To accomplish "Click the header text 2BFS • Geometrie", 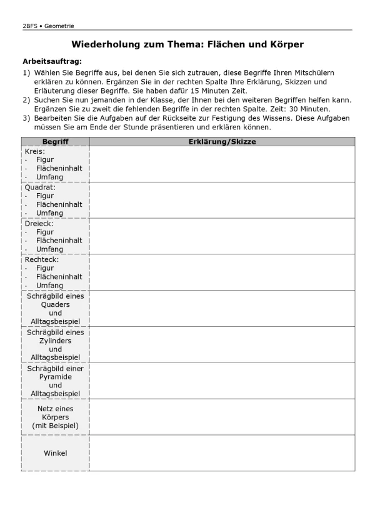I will click(x=48, y=26).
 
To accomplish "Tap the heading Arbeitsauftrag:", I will click(x=52, y=61).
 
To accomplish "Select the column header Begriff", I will click(x=55, y=142).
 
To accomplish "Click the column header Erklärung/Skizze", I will click(x=222, y=142).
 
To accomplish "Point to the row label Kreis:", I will click(x=34, y=151).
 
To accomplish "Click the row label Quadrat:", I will click(x=40, y=187).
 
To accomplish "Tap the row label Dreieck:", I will click(x=39, y=223).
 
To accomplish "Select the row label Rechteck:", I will click(x=42, y=259).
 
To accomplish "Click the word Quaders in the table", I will click(x=55, y=304).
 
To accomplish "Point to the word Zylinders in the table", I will click(x=55, y=341).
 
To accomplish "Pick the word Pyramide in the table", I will click(x=55, y=377).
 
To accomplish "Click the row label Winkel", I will click(x=55, y=453).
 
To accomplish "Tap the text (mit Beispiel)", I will click(x=55, y=426).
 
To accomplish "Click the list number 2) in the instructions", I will click(x=26, y=100).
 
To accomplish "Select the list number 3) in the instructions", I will click(x=26, y=117).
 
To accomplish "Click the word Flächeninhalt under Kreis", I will click(x=59, y=168).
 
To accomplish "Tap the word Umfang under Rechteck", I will click(x=49, y=286).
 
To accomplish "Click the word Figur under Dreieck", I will click(x=45, y=232).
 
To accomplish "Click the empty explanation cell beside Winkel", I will click(x=222, y=453).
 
